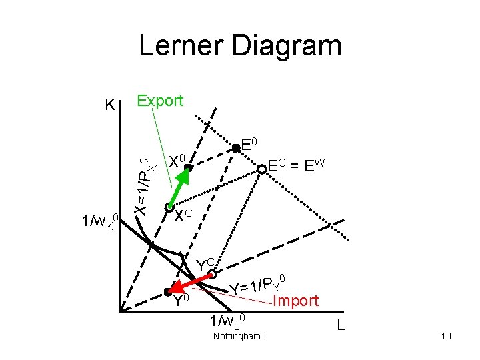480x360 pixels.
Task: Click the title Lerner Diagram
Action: pos(240,47)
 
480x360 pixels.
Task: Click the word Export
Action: pos(159,101)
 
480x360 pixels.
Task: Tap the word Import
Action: pos(295,301)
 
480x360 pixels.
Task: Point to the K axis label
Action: pos(111,105)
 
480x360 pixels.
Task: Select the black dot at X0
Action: pos(188,169)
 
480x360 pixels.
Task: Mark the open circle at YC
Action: pos(213,273)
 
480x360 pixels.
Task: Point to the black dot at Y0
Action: pos(167,291)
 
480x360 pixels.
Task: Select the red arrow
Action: pos(192,281)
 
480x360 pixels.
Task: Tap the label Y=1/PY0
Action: pos(258,283)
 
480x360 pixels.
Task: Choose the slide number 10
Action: pos(446,336)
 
